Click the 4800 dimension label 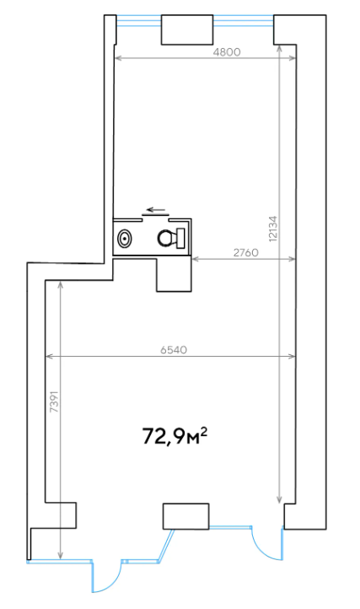(227, 52)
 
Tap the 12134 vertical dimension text (273, 229)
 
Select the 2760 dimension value (246, 252)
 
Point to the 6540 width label (174, 350)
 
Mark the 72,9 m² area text (175, 436)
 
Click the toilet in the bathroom (171, 238)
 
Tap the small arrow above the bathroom (156, 210)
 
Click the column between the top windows (187, 30)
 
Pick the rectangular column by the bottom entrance (186, 516)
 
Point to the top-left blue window (139, 20)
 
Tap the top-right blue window (244, 20)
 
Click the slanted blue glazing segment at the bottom (166, 545)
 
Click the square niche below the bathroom (174, 274)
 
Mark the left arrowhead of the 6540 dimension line (49, 356)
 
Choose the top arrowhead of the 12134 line (279, 49)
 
